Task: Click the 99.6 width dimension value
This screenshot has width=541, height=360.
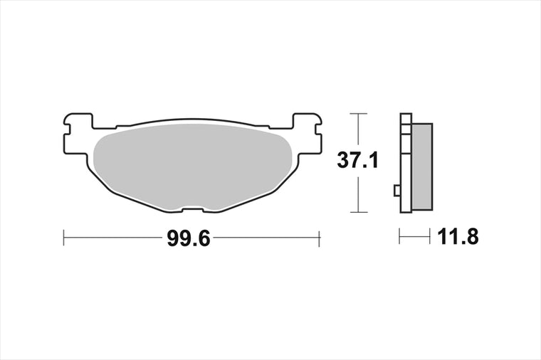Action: [189, 238]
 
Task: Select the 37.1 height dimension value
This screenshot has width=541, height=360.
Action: [358, 161]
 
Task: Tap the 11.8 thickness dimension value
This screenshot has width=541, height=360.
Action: [458, 237]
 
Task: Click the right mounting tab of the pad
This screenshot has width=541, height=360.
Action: [308, 133]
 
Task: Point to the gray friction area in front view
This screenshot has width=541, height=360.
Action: [193, 167]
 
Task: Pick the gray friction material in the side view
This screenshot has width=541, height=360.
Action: [422, 167]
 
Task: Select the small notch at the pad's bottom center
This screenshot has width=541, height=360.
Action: [193, 209]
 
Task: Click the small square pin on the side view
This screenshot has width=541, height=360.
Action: [397, 191]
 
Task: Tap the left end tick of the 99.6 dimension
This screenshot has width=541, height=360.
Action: [64, 238]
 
